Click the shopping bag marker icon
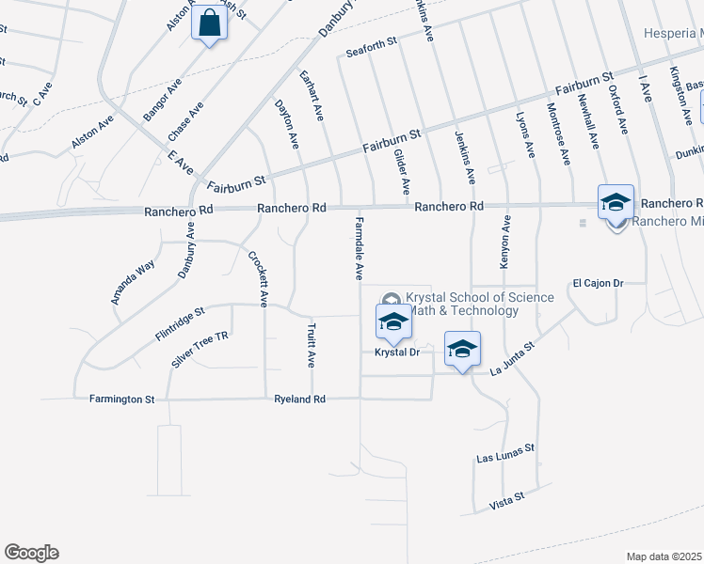tap(210, 24)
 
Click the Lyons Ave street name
tap(526, 136)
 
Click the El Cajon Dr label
tap(599, 282)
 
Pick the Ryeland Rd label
tap(299, 399)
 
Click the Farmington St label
tap(121, 399)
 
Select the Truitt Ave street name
tap(311, 345)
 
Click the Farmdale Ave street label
tap(359, 246)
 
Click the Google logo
tap(31, 553)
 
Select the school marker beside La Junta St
tap(462, 350)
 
